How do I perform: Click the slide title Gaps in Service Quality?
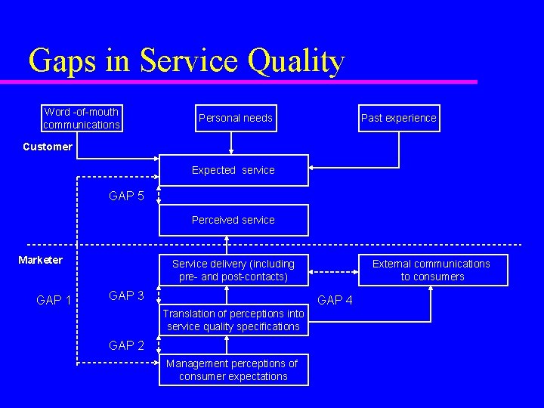point(186,60)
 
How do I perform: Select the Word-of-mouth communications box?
point(82,118)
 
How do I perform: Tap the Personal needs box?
point(235,118)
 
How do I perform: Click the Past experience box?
point(398,118)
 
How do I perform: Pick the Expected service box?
point(233,171)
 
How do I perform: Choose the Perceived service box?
point(233,220)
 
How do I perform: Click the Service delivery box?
point(233,270)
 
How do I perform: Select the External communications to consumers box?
point(431,270)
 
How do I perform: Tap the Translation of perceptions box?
point(233,320)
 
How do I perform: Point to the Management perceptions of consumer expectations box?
point(233,369)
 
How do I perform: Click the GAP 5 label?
point(126,196)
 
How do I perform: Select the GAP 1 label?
point(54,301)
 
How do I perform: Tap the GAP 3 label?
point(126,295)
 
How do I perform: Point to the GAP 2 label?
point(126,345)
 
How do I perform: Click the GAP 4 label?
point(335,301)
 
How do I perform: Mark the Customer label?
point(48,147)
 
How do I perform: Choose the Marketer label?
point(41,260)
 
